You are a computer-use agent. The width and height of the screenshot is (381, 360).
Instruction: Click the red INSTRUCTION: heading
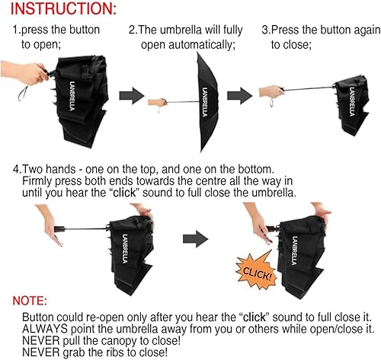[x=65, y=10]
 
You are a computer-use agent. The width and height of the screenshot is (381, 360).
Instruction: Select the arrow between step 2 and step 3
[x=239, y=96]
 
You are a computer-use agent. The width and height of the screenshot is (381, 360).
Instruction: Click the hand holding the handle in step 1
[x=29, y=73]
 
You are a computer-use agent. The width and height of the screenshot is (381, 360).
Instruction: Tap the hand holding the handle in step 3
[x=271, y=92]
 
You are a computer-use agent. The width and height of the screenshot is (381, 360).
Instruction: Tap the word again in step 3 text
[x=363, y=30]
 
